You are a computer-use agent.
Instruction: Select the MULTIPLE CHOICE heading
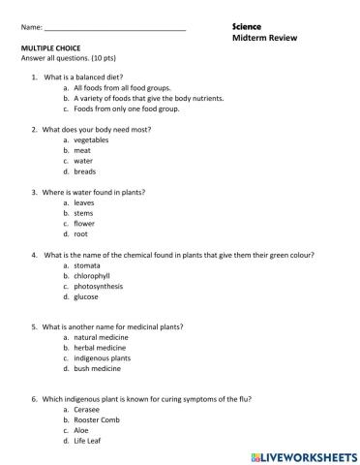click(54, 47)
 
